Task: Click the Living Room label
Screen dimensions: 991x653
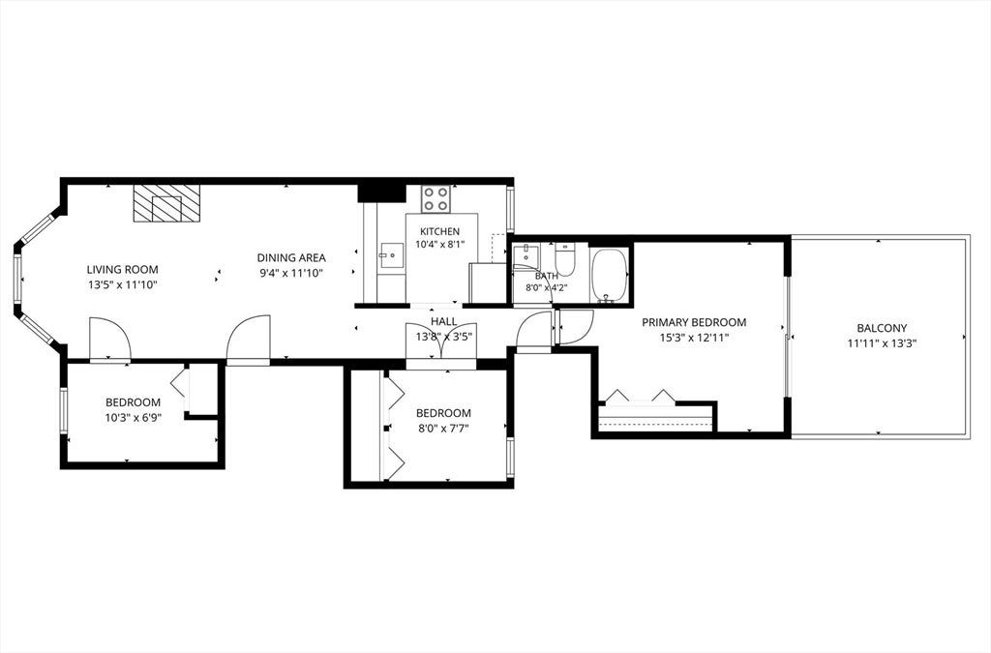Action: (122, 270)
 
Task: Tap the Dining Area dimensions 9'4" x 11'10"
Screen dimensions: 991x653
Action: (290, 274)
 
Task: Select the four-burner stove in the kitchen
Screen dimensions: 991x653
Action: (436, 198)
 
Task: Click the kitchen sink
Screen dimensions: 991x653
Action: (391, 255)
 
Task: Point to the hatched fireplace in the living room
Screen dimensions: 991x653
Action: (166, 203)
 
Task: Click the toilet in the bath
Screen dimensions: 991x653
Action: (565, 259)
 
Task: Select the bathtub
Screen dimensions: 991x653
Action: (610, 276)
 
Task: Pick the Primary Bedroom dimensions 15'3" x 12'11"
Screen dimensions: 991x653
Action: (694, 338)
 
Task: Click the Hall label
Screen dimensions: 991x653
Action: (443, 322)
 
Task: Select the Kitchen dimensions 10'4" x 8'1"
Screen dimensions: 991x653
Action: (440, 244)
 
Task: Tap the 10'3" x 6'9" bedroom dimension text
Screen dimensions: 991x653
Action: (133, 417)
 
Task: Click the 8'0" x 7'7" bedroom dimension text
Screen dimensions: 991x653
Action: (443, 429)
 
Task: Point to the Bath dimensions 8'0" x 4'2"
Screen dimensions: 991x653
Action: (547, 287)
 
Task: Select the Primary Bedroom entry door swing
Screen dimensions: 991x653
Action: (575, 327)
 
